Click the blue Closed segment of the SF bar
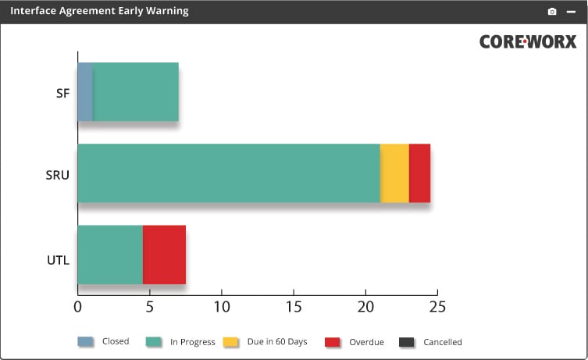click(85, 92)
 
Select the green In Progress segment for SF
click(136, 92)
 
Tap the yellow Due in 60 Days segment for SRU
click(394, 173)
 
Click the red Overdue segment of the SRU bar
click(419, 173)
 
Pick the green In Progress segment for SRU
click(229, 173)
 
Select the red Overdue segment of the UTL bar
click(164, 255)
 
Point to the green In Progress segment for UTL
click(110, 255)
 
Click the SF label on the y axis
click(62, 93)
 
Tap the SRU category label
click(58, 174)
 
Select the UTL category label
click(59, 259)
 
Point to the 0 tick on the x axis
click(77, 307)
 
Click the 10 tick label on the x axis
click(222, 307)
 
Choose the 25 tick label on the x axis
click(437, 307)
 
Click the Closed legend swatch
click(85, 341)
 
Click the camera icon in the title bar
click(552, 12)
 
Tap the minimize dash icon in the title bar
click(571, 12)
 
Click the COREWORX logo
click(528, 42)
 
